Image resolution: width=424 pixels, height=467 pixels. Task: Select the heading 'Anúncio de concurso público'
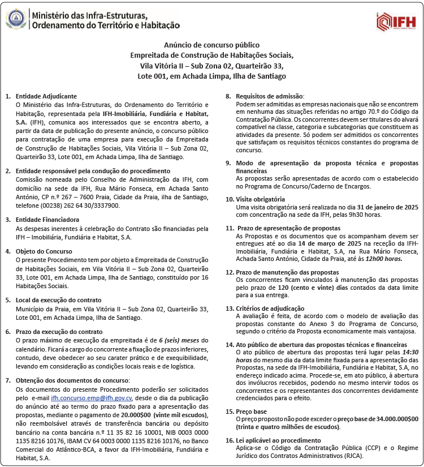coord(211,45)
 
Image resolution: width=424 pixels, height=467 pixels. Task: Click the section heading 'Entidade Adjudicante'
coord(46,96)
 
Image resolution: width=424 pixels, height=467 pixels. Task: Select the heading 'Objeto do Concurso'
coord(44,251)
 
